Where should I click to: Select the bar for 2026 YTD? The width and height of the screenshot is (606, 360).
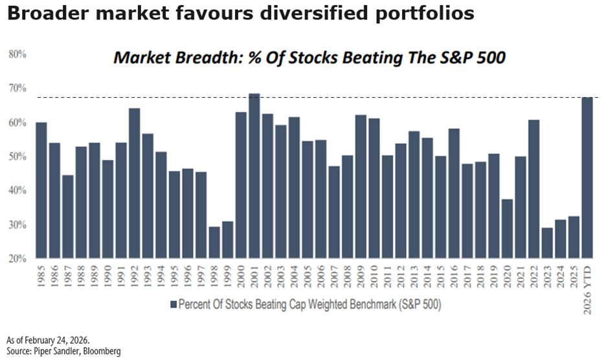point(587,178)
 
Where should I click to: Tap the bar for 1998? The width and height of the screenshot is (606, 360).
point(214,243)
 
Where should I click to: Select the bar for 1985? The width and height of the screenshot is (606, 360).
point(41,190)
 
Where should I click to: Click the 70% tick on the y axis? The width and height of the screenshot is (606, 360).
point(17,88)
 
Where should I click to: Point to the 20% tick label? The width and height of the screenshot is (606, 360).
point(17,259)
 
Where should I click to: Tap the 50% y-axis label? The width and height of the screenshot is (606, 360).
point(17,157)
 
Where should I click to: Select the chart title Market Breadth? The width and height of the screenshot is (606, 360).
point(309,58)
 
